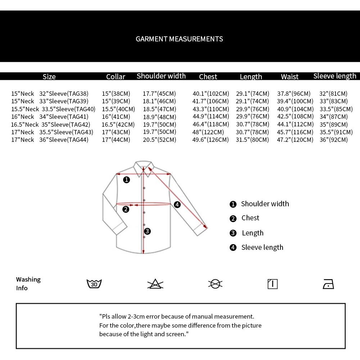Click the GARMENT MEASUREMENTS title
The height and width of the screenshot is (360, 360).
tap(179, 39)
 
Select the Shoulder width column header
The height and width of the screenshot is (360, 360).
tap(161, 76)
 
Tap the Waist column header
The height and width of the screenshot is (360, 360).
tap(290, 77)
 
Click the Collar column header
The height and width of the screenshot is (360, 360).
tap(116, 77)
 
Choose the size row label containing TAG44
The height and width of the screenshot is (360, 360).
tap(50, 140)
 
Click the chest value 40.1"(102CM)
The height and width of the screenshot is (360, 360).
tap(211, 94)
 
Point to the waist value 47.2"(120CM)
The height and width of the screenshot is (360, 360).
tap(295, 140)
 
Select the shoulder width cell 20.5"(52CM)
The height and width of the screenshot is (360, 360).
tap(159, 140)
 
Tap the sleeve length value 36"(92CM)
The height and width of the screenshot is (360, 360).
tap(334, 140)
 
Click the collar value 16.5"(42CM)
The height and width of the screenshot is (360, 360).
tap(118, 125)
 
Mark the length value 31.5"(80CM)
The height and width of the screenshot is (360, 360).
tap(252, 140)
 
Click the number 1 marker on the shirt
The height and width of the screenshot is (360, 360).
tap(126, 180)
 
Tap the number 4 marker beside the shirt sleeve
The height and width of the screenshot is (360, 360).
tap(177, 204)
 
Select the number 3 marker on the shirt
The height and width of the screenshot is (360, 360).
tap(147, 231)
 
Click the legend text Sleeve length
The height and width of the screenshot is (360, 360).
tap(262, 247)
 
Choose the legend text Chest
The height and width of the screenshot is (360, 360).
tap(250, 218)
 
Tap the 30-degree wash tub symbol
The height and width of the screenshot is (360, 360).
tap(94, 284)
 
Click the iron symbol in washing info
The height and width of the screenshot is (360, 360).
tap(328, 284)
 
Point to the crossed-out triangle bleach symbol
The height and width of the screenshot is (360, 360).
tap(156, 284)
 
